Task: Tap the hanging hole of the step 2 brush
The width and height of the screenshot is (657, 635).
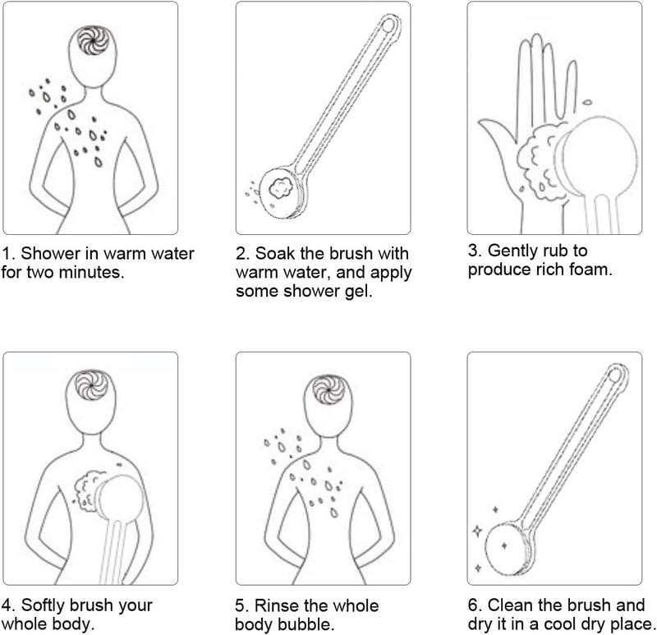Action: click(388, 25)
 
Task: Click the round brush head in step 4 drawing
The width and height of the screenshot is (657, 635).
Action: click(120, 498)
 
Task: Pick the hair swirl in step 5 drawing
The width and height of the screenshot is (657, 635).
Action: click(329, 390)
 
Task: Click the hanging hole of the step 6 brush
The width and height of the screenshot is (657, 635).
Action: click(614, 376)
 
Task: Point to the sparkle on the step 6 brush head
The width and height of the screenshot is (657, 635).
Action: click(504, 545)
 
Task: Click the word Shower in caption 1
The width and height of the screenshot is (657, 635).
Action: click(49, 253)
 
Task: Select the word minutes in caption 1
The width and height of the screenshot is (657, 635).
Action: click(92, 273)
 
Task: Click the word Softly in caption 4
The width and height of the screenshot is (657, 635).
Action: click(45, 605)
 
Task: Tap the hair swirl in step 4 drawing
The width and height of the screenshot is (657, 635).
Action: click(91, 384)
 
